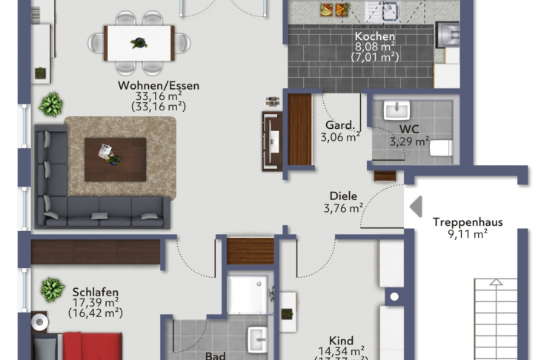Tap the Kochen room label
tap(374, 36)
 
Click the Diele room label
tap(342, 196)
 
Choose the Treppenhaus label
tap(468, 221)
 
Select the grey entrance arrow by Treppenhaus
tap(416, 206)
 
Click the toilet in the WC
tap(440, 148)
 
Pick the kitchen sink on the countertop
tap(385, 10)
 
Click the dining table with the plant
tap(139, 43)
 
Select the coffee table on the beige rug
tap(115, 159)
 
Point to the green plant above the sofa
tap(50, 104)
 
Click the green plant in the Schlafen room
tap(52, 287)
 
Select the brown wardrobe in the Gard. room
tap(299, 130)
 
